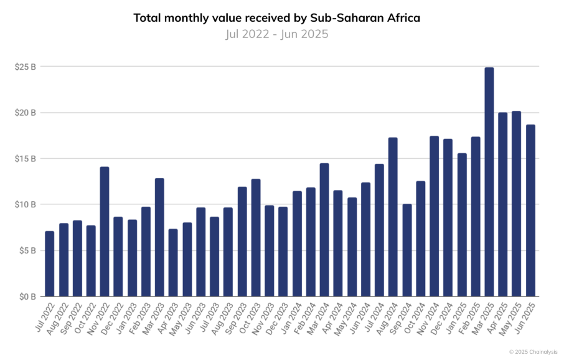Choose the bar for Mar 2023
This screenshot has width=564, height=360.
(159, 237)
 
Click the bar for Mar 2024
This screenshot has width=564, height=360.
(324, 230)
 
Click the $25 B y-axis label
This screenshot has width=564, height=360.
(26, 67)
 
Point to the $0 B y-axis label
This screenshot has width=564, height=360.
(27, 296)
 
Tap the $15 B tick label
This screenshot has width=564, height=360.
(26, 159)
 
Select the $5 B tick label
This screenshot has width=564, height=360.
(27, 250)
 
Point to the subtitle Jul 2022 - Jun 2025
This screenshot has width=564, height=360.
(277, 34)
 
